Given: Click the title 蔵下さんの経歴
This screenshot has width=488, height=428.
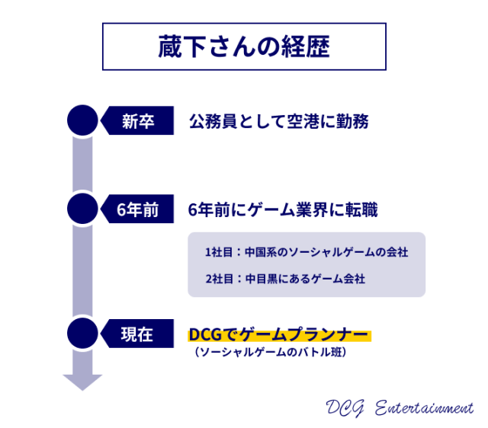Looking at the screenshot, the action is (244, 46).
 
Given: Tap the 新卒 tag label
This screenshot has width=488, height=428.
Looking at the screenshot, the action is (138, 121).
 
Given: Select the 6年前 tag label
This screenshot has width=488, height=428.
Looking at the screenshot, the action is (137, 209).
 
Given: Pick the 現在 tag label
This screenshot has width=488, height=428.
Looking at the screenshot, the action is (137, 334).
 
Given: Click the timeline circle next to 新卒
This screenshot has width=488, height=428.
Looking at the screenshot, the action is (82, 120).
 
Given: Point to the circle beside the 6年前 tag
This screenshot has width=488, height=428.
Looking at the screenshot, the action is (82, 209).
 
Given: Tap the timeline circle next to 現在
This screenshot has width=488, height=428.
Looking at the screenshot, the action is (82, 334).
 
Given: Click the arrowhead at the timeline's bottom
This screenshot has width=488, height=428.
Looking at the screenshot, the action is (82, 382).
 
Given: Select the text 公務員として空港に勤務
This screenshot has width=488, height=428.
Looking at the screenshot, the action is (279, 121).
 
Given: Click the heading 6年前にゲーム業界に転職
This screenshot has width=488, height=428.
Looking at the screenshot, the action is (283, 209).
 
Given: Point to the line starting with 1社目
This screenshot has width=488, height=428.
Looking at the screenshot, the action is (307, 252).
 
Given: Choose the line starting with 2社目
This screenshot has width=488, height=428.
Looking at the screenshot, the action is (285, 279).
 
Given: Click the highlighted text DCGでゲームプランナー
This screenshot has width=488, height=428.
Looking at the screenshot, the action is (279, 335).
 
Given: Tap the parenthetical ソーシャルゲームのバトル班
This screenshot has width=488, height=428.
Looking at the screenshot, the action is (270, 352).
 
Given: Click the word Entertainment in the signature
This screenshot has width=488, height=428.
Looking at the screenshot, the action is (424, 407).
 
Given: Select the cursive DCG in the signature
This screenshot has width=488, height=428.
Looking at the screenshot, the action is (345, 407).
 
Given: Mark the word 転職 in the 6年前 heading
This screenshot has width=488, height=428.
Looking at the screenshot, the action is (362, 209).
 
